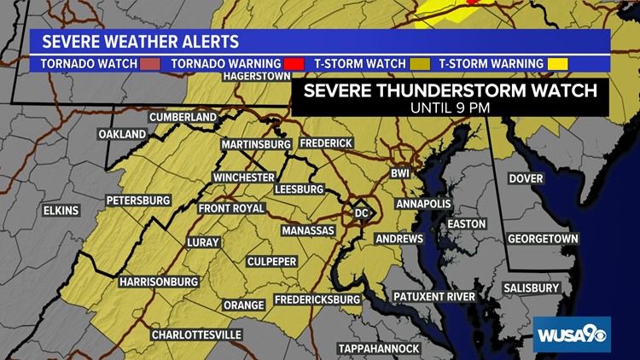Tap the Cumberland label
point(183,117)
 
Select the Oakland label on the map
point(122,135)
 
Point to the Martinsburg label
point(256,144)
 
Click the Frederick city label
point(325,143)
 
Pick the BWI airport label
point(400,173)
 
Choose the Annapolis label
point(423,204)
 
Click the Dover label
point(527,179)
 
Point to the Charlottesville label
point(196,335)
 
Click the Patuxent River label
point(433,297)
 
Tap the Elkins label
point(61,210)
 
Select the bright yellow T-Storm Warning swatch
point(557,64)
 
